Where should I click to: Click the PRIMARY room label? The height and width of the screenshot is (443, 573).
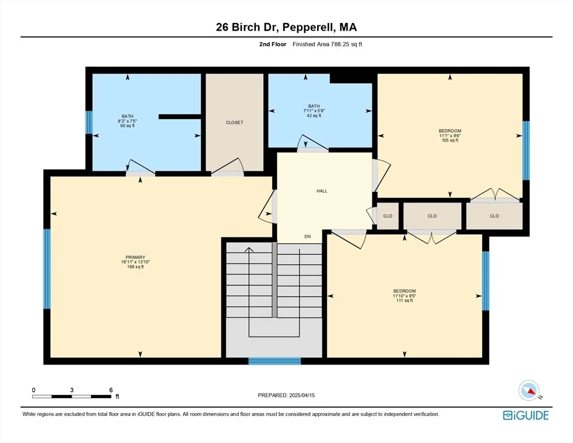[x=135, y=257]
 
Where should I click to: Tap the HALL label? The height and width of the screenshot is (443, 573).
[x=322, y=191]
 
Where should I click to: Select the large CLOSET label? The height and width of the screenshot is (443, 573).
[x=234, y=122]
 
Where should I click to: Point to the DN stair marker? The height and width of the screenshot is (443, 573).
[x=308, y=236]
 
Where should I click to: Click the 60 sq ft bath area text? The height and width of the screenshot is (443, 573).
[x=127, y=126]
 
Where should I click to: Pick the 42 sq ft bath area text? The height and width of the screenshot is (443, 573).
[x=314, y=115]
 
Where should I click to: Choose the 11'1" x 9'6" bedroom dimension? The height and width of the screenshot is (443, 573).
[x=450, y=136]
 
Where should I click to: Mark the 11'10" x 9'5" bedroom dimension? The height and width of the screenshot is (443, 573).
[x=405, y=296]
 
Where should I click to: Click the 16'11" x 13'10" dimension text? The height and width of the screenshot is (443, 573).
[x=135, y=262]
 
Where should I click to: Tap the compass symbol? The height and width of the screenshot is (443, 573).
[x=529, y=391]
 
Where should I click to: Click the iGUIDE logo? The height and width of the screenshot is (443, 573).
[x=526, y=415]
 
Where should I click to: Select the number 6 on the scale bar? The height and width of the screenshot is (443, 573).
[x=111, y=390]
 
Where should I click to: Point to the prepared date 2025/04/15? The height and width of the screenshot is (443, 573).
[x=302, y=395]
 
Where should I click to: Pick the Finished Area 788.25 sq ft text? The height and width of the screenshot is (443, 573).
[x=327, y=44]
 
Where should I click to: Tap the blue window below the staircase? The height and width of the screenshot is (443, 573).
[x=274, y=361]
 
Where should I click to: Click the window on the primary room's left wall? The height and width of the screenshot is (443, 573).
[x=47, y=269]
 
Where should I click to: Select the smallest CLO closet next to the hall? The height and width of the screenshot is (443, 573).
[x=388, y=216]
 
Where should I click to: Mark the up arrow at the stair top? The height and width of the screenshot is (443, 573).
[x=249, y=250]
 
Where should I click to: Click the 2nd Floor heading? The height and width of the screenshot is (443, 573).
[x=273, y=44]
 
